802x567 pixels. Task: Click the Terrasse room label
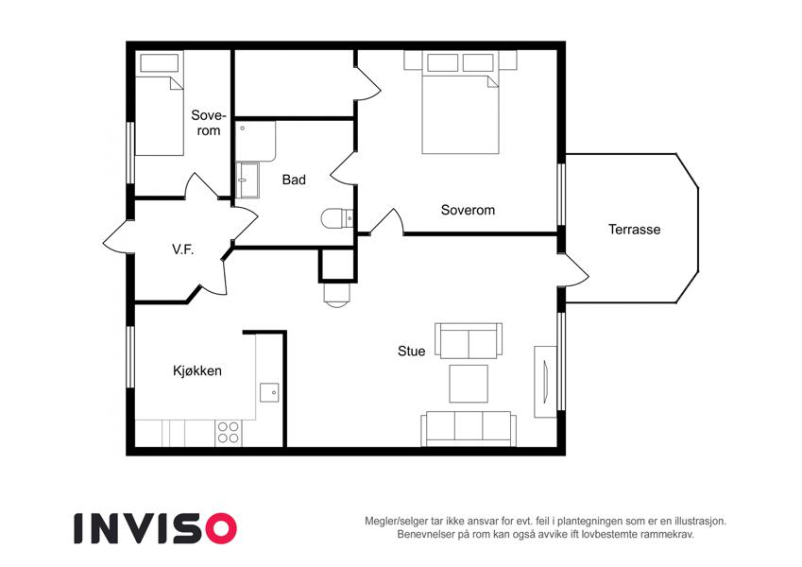click(x=634, y=230)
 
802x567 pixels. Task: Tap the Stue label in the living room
click(x=411, y=351)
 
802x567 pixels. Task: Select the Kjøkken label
click(x=197, y=370)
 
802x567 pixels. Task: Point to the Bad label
click(x=294, y=180)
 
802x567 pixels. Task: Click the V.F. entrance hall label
click(x=182, y=249)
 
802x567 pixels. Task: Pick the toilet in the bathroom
click(x=337, y=218)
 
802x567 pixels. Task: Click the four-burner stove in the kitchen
click(x=228, y=433)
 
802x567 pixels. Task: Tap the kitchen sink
click(x=269, y=392)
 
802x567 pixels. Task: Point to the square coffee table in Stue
click(x=469, y=384)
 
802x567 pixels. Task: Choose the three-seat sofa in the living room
click(x=469, y=429)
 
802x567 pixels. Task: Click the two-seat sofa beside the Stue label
click(x=469, y=341)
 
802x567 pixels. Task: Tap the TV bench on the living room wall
click(x=545, y=382)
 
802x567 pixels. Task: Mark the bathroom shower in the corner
click(x=256, y=142)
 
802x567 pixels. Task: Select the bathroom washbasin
click(x=247, y=180)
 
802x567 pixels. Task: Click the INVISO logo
click(x=156, y=528)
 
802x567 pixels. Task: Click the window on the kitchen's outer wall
click(x=130, y=356)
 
